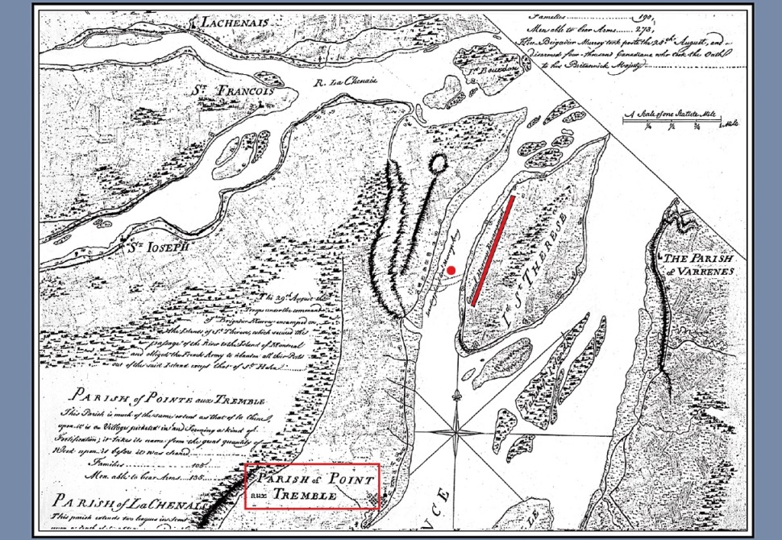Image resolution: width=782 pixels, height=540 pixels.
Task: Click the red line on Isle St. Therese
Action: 493,250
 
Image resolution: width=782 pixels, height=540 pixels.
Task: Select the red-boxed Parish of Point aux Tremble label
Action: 311,487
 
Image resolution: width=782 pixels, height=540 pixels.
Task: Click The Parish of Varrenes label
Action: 698,265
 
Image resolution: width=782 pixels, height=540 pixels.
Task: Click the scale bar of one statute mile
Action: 677,123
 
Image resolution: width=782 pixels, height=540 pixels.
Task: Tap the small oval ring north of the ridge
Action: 438,164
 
